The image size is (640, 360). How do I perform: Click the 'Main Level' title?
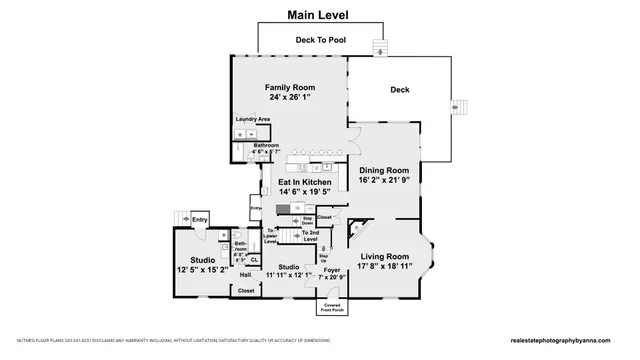point(319,15)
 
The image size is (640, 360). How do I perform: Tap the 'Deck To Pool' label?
point(319,40)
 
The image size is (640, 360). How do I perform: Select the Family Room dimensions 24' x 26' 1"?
point(290,98)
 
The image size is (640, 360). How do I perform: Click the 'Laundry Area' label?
point(253,120)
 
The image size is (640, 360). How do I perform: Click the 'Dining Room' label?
point(384,170)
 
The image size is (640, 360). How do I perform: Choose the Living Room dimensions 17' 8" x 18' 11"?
point(384,267)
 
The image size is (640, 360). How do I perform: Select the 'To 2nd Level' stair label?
point(309,236)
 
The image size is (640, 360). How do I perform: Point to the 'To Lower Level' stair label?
point(270,236)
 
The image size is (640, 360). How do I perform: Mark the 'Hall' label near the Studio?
point(245,274)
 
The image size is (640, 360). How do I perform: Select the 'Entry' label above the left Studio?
point(200,220)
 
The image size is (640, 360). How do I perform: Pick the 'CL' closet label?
point(254,259)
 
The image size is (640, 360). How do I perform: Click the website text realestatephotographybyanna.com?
point(567,341)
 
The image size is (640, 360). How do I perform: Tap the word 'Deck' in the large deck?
point(399,90)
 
